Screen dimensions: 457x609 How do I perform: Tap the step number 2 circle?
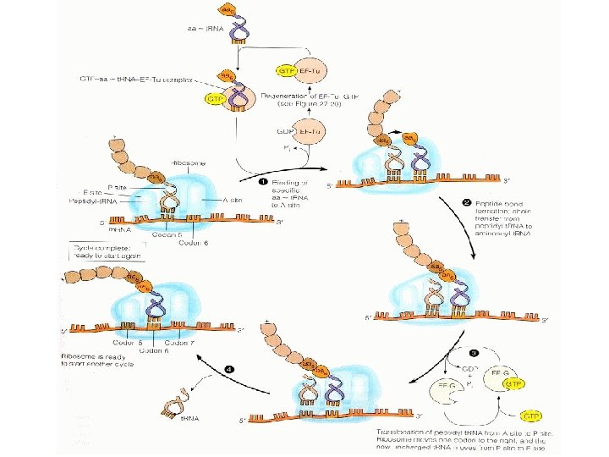click(x=467, y=202)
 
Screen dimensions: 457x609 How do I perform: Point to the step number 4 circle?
click(x=229, y=368)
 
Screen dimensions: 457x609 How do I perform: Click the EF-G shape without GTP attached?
click(x=448, y=392)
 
